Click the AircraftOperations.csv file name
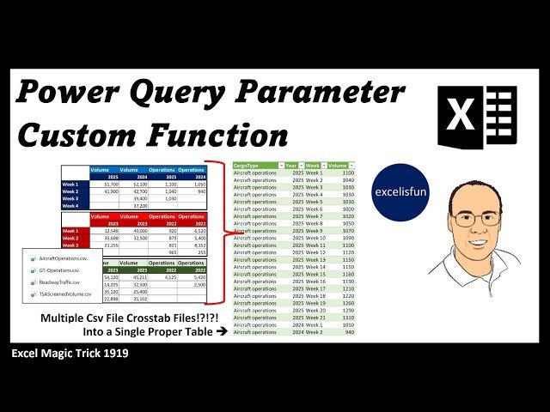pos(64,257)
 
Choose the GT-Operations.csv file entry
pos(60,270)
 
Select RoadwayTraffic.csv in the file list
pos(60,282)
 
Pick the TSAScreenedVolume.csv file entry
pos(65,294)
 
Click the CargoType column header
pos(253,165)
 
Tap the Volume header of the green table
pos(338,165)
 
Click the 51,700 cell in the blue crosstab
pos(111,184)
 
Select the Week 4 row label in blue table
pos(70,205)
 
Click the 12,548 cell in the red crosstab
pos(111,231)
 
